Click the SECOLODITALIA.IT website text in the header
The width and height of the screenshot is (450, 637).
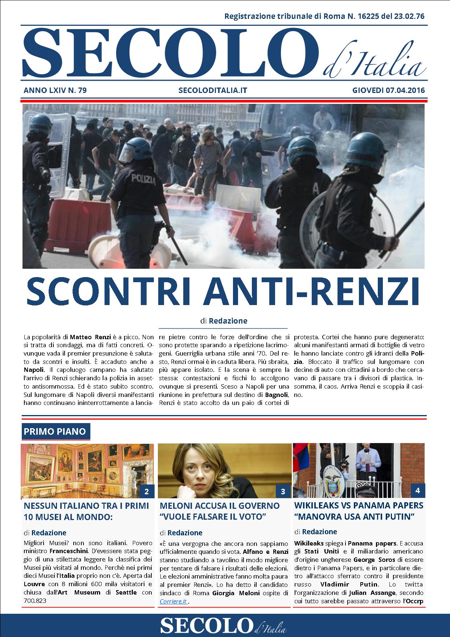tap(213, 90)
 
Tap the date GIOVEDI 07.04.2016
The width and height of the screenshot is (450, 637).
tap(388, 90)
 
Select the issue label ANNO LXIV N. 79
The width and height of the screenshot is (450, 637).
tap(55, 90)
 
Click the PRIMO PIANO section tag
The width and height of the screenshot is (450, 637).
tap(55, 431)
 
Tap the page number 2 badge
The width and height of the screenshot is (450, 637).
tap(147, 492)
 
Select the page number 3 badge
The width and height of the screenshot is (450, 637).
tap(283, 492)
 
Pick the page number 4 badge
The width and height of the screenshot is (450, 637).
tap(417, 491)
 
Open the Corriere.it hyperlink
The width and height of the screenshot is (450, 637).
tap(173, 601)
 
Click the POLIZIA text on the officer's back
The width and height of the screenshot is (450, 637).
tap(144, 179)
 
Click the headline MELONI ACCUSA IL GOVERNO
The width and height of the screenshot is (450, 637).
tap(220, 506)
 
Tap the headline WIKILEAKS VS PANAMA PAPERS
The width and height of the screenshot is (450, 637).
tap(359, 505)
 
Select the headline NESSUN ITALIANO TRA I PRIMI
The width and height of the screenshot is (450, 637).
tap(86, 506)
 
